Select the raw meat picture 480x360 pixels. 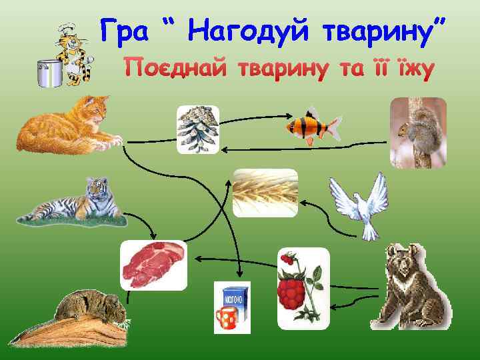[153, 265]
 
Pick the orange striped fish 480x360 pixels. [312, 125]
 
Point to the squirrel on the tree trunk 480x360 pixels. [418, 131]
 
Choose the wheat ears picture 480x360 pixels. [265, 193]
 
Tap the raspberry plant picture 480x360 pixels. [303, 288]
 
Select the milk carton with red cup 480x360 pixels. [231, 307]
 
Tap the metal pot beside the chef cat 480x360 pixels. [50, 72]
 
